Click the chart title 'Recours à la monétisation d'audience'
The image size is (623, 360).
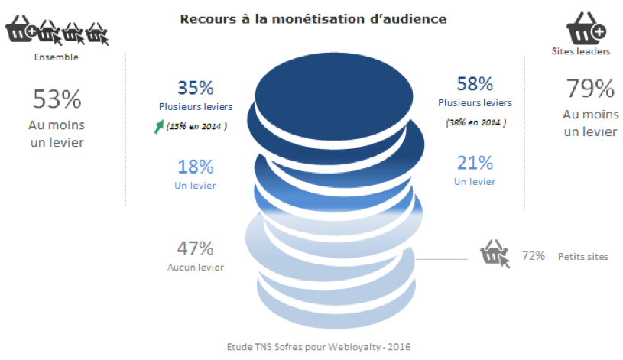click(x=313, y=19)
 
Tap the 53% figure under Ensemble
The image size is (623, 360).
click(x=57, y=99)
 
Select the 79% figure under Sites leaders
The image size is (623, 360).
click(x=590, y=88)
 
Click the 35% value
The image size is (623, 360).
click(x=196, y=88)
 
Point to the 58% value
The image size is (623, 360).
click(x=475, y=84)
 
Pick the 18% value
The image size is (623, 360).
click(x=196, y=167)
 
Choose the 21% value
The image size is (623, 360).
click(x=475, y=163)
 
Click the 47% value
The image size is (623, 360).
click(x=196, y=248)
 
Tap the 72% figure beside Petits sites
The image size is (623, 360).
click(x=534, y=255)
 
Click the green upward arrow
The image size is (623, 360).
click(x=159, y=126)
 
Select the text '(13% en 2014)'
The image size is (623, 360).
click(x=196, y=126)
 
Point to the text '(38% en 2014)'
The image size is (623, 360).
click(x=476, y=122)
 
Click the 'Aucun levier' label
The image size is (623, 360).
click(x=196, y=267)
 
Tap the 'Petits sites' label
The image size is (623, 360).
click(x=583, y=256)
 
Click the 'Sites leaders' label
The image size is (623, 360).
click(x=580, y=51)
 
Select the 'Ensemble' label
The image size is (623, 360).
click(x=57, y=57)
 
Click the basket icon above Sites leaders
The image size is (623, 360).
click(x=586, y=28)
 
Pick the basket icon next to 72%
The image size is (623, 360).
click(x=495, y=253)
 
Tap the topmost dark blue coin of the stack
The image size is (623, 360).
click(x=334, y=96)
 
